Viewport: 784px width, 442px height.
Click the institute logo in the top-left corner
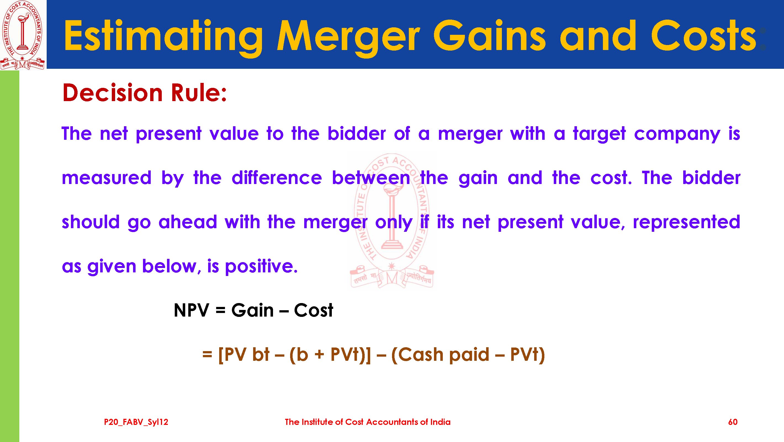23,35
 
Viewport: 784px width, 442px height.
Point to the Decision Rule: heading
145,93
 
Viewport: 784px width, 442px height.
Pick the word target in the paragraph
599,134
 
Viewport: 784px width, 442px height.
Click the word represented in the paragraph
687,223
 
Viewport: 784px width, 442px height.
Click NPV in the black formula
191,311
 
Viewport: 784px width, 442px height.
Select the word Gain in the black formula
252,311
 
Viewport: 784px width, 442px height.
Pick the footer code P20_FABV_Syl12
136,422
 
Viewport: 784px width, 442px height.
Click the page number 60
733,422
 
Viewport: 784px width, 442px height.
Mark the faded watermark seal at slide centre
392,220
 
